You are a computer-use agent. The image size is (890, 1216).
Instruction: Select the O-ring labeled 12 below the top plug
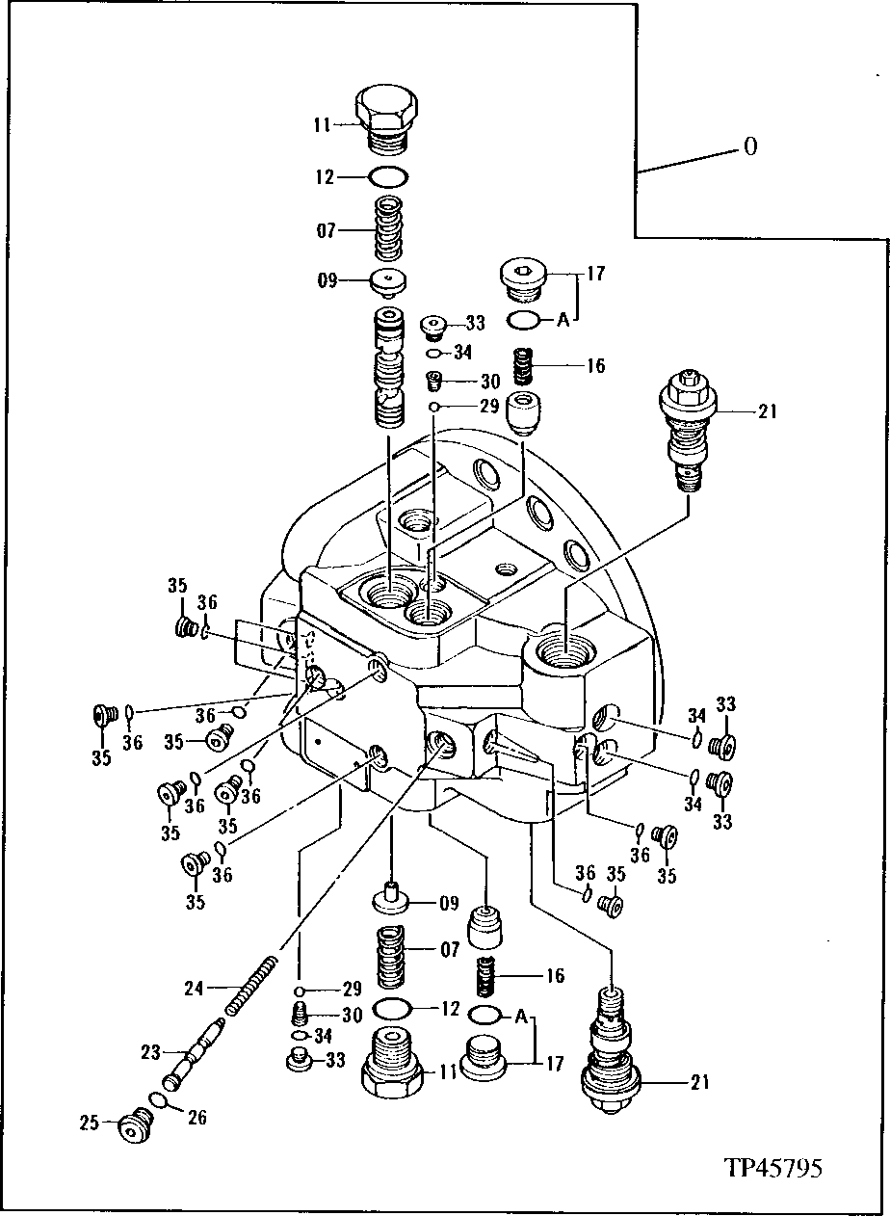(x=388, y=177)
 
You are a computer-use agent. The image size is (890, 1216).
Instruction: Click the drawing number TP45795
(x=773, y=1168)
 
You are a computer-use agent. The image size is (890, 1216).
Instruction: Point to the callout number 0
(x=749, y=146)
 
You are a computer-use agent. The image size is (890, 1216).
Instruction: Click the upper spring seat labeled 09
(x=388, y=281)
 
